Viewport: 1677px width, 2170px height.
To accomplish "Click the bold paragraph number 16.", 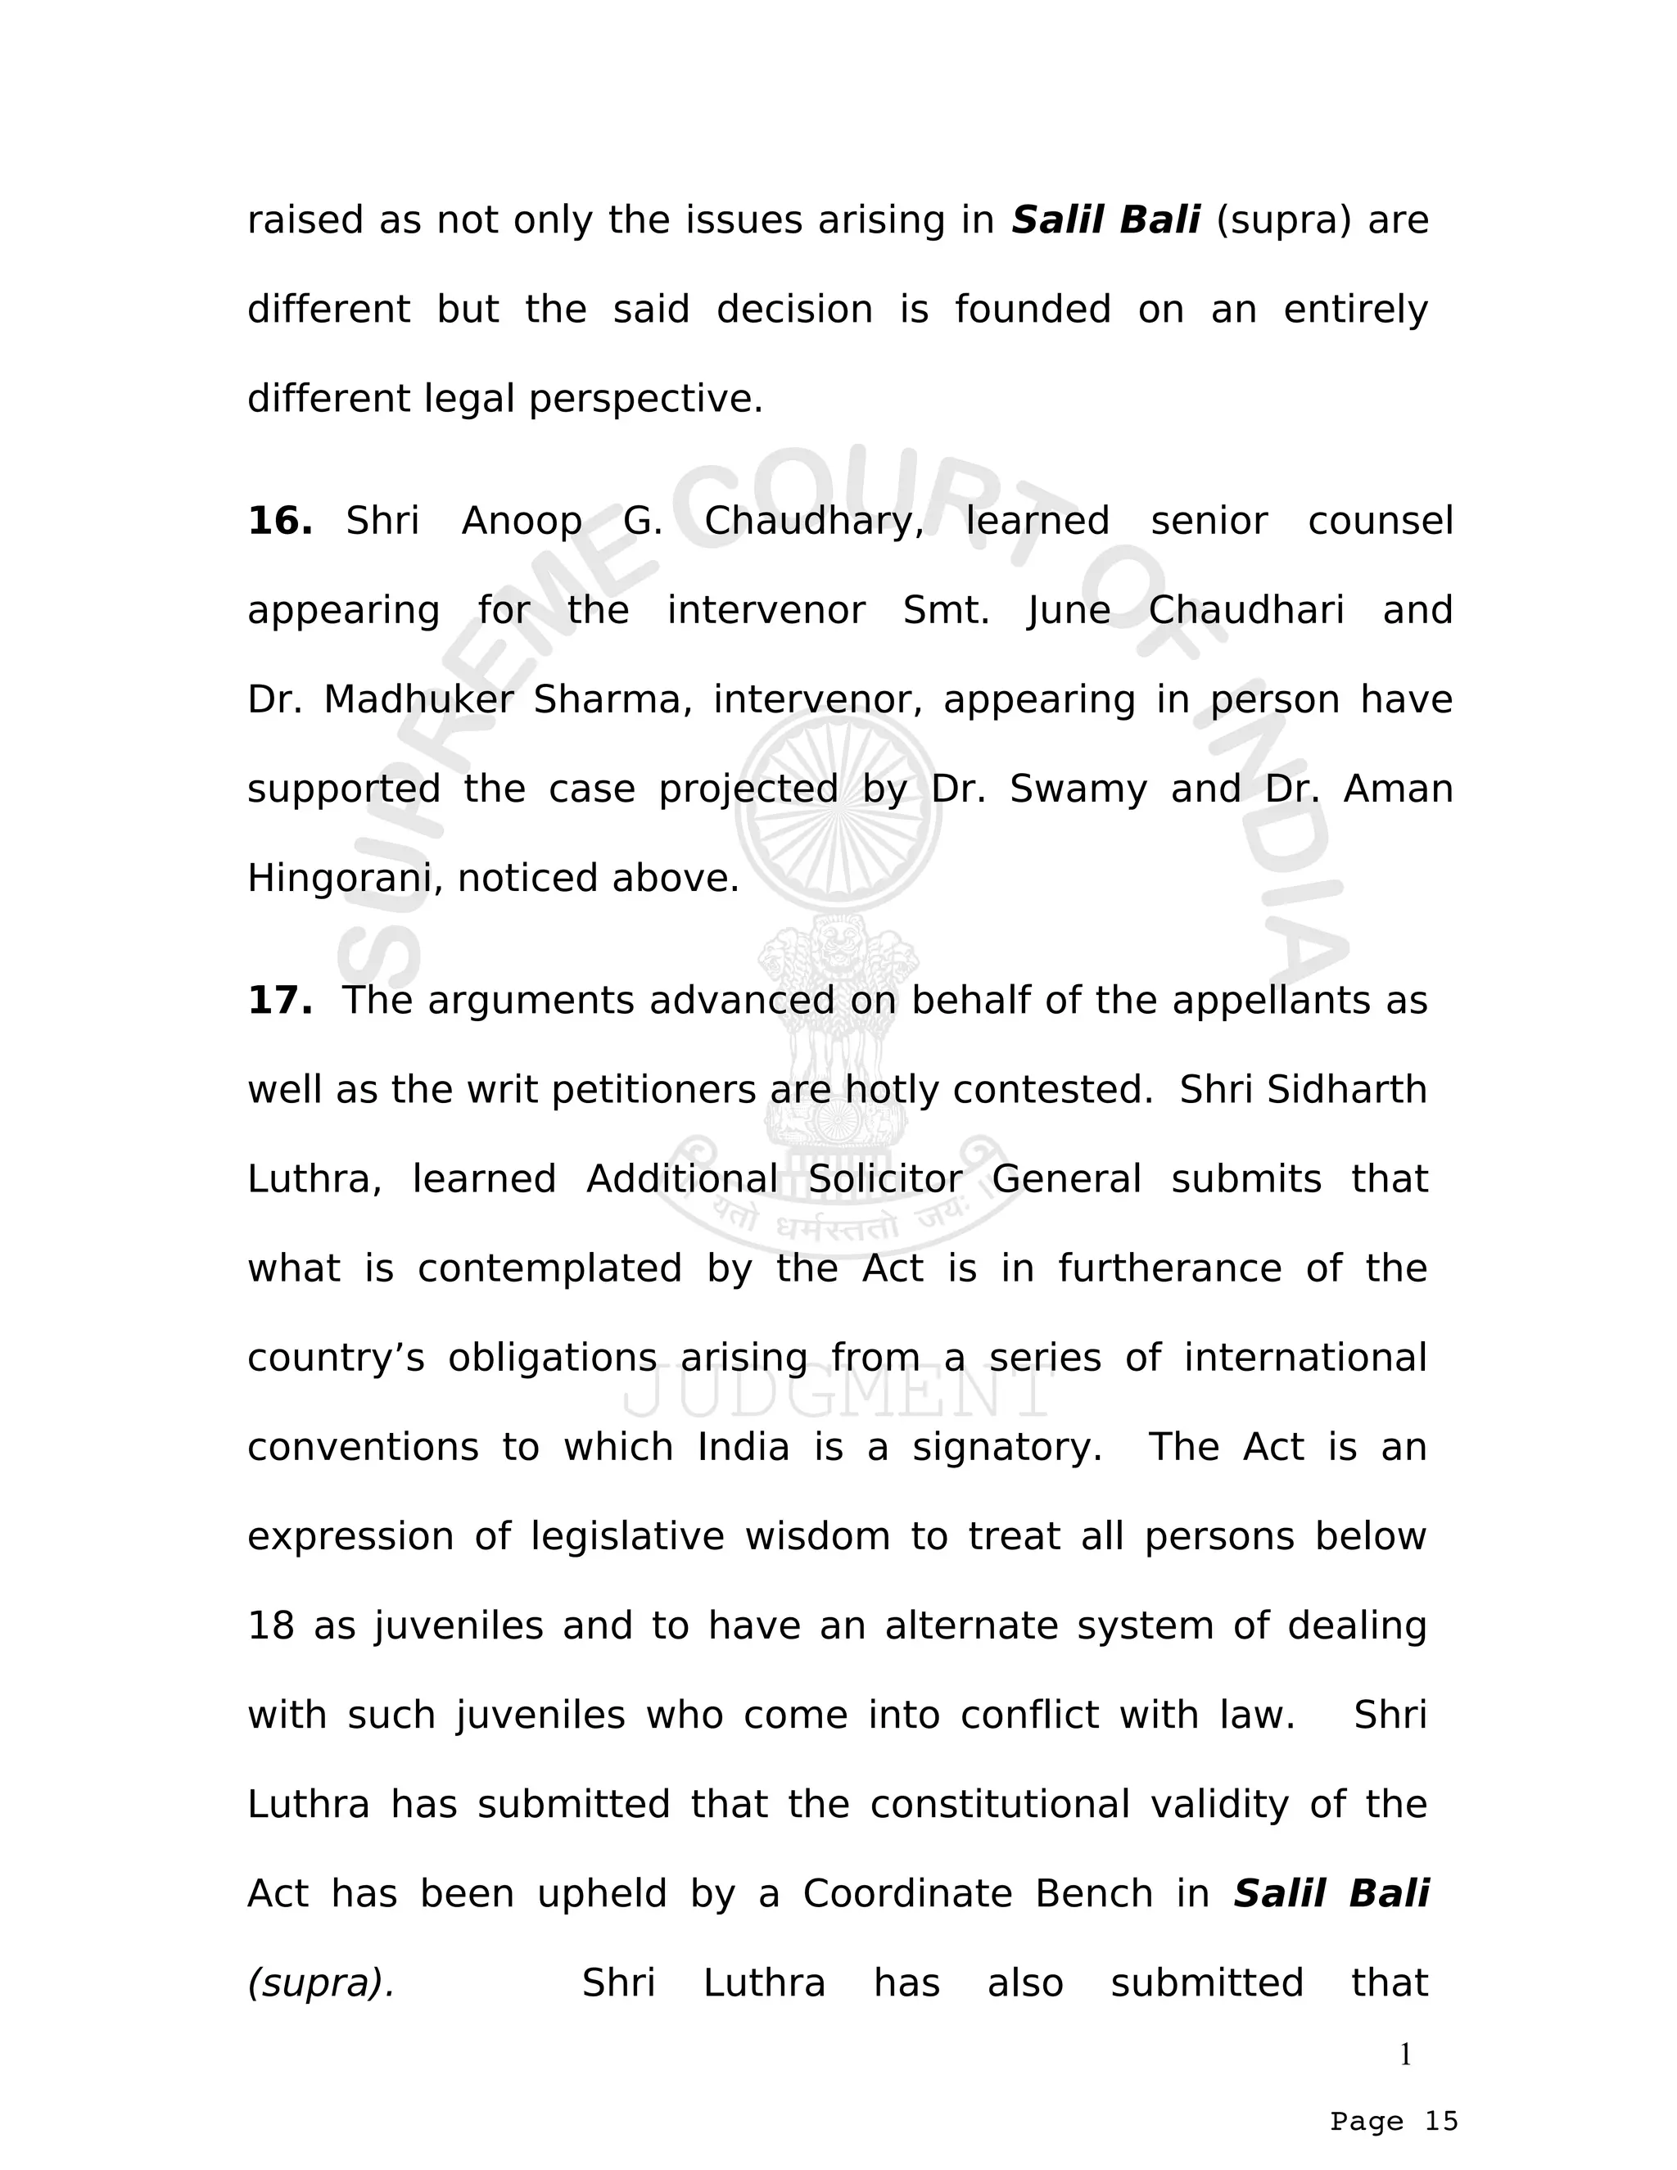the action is pos(279,521).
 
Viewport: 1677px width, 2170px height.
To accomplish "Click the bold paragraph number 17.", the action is pos(279,1001).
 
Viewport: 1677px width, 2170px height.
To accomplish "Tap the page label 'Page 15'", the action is pos(1394,2122).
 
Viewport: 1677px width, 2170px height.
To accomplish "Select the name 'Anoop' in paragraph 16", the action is pos(522,521).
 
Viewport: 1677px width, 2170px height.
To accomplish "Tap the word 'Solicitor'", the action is pos(884,1179).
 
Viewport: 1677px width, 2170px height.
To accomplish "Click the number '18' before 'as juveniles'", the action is pos(270,1625).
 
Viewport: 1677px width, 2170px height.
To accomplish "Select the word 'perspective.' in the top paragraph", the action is pos(646,400).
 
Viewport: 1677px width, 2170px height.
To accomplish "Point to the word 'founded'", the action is pos(1033,310).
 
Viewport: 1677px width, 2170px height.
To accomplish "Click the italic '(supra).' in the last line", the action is pos(321,1983).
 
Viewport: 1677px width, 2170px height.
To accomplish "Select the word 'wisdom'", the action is pos(816,1536).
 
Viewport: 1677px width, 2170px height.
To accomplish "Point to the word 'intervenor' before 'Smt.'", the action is pos(765,610).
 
